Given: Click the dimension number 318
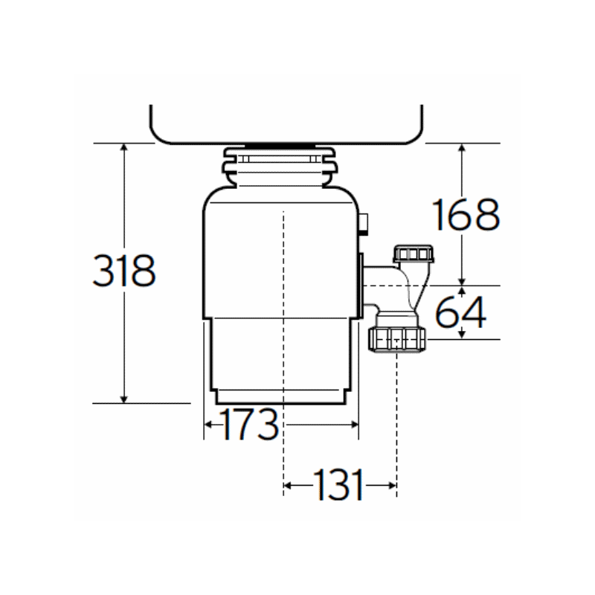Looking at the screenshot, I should (124, 271).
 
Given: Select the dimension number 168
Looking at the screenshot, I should (466, 215).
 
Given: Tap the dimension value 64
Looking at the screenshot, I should (460, 312).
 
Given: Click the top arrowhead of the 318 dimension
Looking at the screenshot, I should (124, 148).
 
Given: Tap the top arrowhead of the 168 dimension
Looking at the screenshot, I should (463, 148).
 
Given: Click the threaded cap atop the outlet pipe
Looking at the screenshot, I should (414, 254).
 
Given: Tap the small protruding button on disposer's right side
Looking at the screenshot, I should (364, 223).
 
